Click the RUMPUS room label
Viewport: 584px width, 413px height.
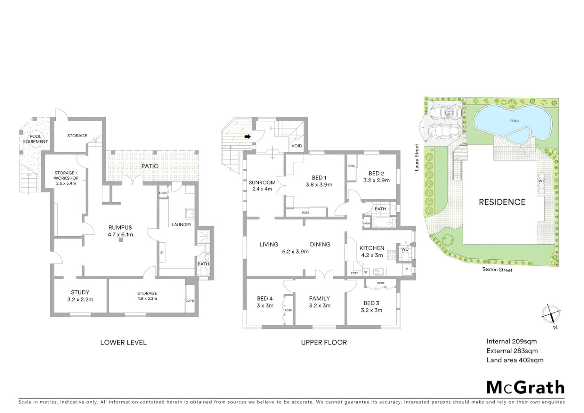click(120, 228)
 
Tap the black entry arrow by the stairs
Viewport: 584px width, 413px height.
click(247, 136)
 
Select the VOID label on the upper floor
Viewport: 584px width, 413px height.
click(297, 146)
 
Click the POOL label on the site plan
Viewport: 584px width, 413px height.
click(515, 121)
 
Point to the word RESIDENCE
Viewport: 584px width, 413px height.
click(502, 202)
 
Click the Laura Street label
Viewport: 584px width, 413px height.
click(417, 157)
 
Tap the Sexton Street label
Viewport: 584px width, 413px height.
click(497, 270)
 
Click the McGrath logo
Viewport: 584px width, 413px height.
click(525, 387)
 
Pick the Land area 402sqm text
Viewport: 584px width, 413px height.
click(514, 360)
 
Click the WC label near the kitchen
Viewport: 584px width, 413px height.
click(405, 249)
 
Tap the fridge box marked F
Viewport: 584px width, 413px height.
click(407, 270)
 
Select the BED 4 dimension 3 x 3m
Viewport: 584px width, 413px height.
click(265, 306)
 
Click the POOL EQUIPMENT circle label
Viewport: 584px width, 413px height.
click(36, 139)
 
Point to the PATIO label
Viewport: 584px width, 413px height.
click(150, 166)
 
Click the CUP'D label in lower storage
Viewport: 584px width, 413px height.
click(190, 301)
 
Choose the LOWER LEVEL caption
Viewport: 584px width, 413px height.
click(123, 343)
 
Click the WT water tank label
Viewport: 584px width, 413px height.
click(541, 181)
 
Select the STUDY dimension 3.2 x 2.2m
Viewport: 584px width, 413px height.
click(80, 300)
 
